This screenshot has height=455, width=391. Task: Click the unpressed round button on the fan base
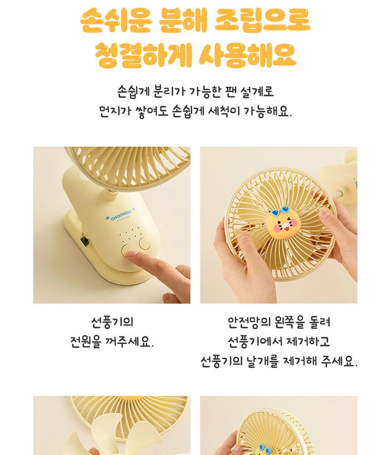tap(144, 243)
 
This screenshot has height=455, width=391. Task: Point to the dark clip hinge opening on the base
tap(85, 241)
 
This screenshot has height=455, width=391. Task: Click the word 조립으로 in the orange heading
tap(262, 20)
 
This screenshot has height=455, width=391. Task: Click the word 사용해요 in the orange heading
tap(247, 55)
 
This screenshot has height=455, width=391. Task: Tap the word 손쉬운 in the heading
tap(116, 20)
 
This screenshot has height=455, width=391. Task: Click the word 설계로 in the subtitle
tap(257, 92)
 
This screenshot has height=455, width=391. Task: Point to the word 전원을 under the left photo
tap(85, 342)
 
